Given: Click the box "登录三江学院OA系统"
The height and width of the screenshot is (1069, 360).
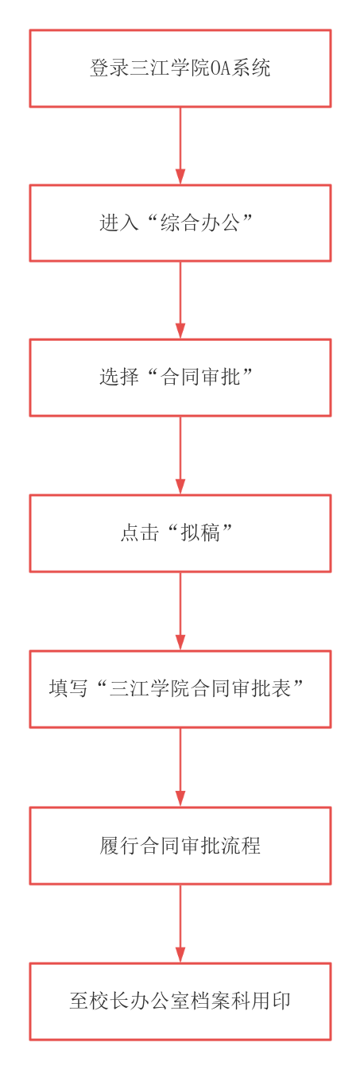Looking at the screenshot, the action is [x=180, y=68].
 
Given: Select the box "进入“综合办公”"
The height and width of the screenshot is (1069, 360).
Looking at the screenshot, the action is [x=180, y=223].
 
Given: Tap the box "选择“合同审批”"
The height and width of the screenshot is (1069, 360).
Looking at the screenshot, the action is [x=180, y=378].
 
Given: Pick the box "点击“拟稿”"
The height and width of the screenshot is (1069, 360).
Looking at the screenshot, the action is [x=180, y=533].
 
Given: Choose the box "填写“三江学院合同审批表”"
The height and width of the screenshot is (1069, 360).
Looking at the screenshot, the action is [x=180, y=688].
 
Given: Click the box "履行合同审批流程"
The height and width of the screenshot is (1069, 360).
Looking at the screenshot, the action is [x=180, y=845].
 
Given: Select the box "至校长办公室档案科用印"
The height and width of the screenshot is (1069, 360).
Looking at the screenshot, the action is [x=180, y=1001].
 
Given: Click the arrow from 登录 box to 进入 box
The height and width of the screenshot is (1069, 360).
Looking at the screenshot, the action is [x=180, y=145].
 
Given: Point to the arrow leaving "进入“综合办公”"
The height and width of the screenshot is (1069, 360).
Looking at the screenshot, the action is [x=180, y=300].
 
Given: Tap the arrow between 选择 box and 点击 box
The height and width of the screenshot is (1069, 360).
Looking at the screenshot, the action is [x=180, y=455].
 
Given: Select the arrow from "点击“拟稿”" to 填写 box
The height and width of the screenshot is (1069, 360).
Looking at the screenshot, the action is [x=180, y=611].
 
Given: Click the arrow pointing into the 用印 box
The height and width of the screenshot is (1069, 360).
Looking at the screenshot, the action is [x=180, y=924].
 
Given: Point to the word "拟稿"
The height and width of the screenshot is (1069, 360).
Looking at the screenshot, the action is [x=200, y=533].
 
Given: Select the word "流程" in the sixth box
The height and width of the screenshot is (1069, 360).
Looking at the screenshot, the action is [x=240, y=845].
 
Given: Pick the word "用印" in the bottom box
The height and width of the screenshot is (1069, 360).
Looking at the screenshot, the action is [x=271, y=1001].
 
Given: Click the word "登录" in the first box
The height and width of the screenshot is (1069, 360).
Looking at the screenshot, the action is [x=110, y=68].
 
